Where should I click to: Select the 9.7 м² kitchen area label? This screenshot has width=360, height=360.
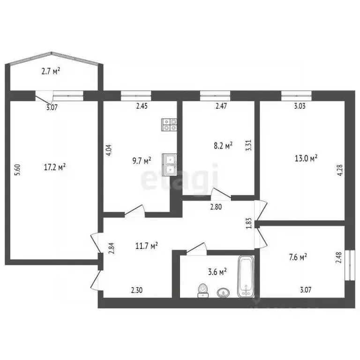coord(141,161)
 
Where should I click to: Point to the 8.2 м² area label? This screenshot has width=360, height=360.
coord(223,146)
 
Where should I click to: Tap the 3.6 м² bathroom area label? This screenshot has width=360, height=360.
coord(217,271)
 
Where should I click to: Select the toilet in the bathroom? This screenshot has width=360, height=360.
coord(202,290)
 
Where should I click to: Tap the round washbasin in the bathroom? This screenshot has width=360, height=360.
coord(224,293)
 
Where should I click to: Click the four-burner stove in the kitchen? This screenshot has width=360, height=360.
coord(169,124)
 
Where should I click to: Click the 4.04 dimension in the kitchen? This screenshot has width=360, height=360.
coord(109,150)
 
